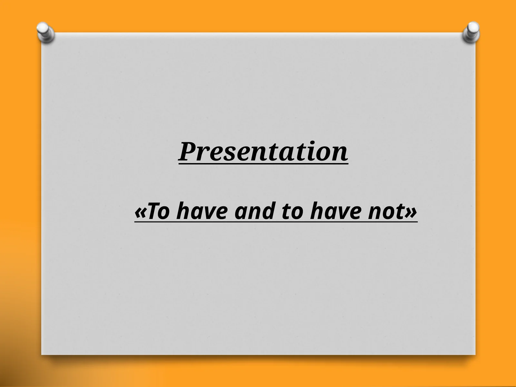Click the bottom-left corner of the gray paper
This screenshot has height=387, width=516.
(x=42, y=354)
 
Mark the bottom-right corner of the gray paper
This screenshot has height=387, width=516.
(x=475, y=354)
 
